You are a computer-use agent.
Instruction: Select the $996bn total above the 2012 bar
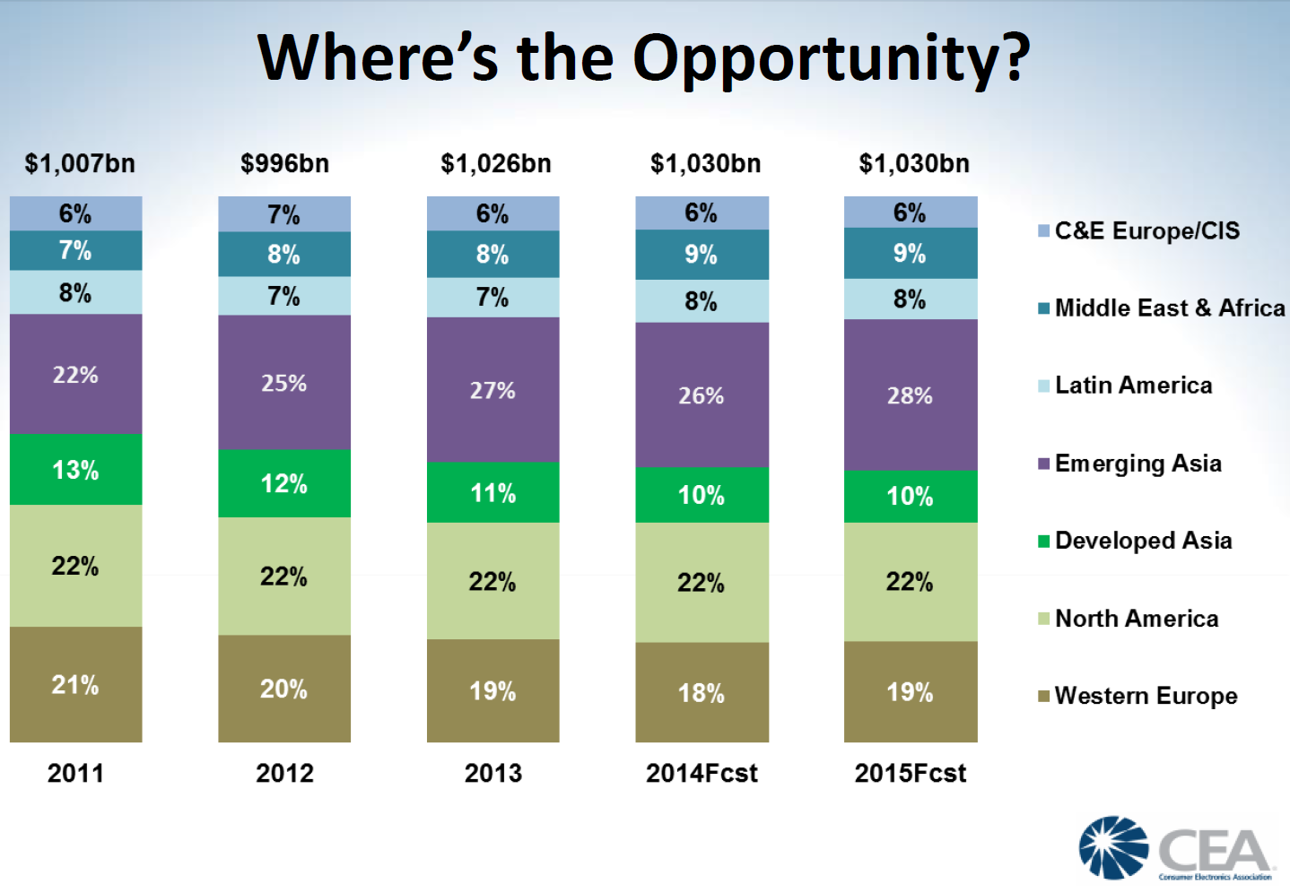pos(284,164)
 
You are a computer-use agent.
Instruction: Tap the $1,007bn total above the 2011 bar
pos(80,164)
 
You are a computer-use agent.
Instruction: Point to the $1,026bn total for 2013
pos(495,164)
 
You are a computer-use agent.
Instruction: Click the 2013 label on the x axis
pos(492,773)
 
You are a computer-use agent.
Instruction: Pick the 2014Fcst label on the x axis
pos(702,773)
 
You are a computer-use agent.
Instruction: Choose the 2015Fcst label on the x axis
pos(911,773)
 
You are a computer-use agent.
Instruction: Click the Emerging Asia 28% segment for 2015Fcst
pos(911,395)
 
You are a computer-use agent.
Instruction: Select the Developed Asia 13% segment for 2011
pos(76,470)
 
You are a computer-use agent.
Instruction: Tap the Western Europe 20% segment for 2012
pos(284,689)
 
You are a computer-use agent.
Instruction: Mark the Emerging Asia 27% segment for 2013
pos(492,390)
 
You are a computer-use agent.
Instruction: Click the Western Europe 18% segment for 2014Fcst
pos(702,692)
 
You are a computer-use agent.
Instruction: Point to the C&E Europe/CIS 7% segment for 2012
pos(284,214)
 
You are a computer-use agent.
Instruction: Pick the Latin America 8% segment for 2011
pos(76,292)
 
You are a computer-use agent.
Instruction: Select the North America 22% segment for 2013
pos(492,581)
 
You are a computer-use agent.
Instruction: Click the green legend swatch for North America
pos(1043,619)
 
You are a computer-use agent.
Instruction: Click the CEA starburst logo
pos(1113,847)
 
